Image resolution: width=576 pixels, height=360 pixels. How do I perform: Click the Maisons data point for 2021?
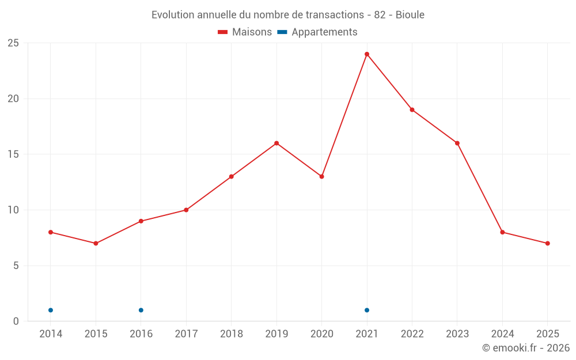(x=367, y=54)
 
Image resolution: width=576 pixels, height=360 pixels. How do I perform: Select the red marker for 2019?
(x=276, y=143)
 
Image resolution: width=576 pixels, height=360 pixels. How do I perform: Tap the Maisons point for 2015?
(x=96, y=243)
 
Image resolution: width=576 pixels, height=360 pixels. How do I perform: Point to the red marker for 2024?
(x=502, y=232)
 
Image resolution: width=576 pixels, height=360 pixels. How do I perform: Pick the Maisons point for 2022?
(x=412, y=109)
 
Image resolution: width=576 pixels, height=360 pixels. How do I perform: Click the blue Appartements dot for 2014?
(x=51, y=310)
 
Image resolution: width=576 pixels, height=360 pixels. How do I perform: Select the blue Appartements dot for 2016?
(x=141, y=310)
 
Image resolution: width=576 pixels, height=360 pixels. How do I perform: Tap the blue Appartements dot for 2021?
(x=367, y=310)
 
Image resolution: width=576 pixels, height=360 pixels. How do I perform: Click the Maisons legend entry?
(x=245, y=32)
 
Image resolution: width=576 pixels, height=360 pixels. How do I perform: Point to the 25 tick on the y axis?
(x=13, y=43)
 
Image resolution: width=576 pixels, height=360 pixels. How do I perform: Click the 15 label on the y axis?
(x=13, y=154)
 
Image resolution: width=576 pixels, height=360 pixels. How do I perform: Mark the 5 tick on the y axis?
(x=16, y=266)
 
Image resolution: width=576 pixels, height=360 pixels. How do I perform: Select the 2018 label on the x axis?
(x=231, y=334)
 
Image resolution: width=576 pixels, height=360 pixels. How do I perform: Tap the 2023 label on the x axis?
(x=457, y=334)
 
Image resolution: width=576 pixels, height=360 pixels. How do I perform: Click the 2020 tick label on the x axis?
(x=321, y=334)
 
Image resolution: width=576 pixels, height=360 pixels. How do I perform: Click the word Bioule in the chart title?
(x=410, y=15)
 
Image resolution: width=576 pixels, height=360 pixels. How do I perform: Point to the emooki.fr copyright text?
(x=526, y=348)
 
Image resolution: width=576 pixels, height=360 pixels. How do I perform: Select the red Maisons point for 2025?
(x=547, y=243)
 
